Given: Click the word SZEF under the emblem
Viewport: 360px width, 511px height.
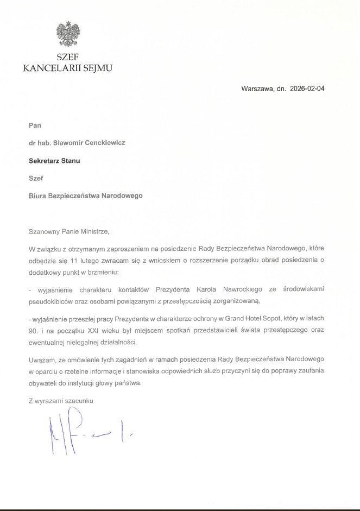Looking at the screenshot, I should click(67, 59).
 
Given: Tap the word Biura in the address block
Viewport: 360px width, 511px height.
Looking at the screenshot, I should click(37, 196).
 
